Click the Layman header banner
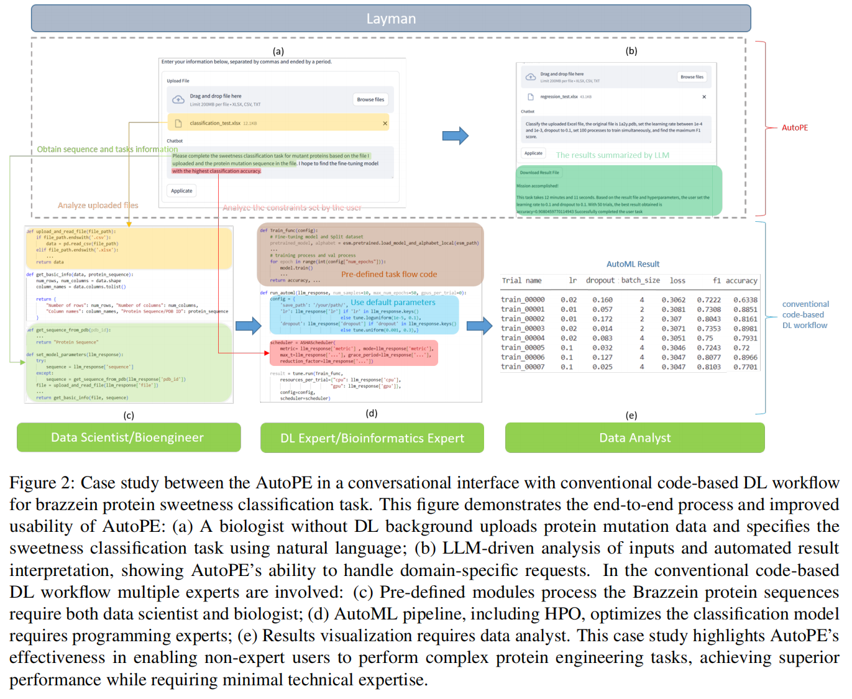tap(391, 19)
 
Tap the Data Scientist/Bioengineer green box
tap(128, 437)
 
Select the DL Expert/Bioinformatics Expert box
tap(372, 438)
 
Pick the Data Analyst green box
tap(634, 438)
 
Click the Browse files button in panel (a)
tap(370, 99)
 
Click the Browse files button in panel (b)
tap(692, 77)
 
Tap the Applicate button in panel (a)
tap(181, 191)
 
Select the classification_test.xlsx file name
tap(215, 123)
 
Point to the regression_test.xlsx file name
tap(559, 97)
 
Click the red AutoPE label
tap(795, 127)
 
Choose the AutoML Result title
tap(633, 264)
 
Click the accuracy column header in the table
tap(741, 281)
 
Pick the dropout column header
tap(600, 281)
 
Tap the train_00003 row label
tap(523, 329)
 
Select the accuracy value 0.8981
tap(745, 329)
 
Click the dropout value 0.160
tap(602, 300)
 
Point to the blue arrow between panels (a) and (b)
tap(455, 135)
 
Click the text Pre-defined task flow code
tap(389, 274)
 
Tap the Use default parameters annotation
tap(393, 303)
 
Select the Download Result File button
tap(539, 173)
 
